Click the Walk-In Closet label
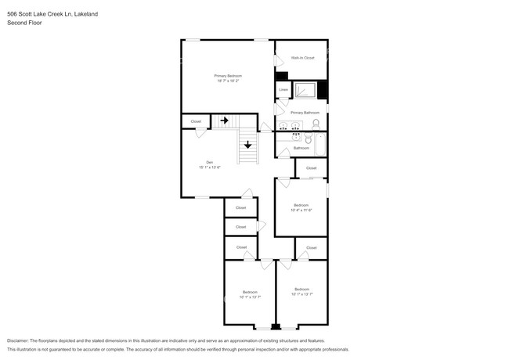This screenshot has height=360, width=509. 302,58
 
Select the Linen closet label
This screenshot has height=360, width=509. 283,90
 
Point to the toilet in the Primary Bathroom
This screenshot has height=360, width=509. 316,124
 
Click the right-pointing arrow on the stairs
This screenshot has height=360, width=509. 224,121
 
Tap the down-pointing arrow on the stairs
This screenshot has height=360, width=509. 247,144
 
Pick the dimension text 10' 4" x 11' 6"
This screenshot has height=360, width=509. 301,210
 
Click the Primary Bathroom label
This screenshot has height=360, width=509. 305,113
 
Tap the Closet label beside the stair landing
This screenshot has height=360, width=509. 196,121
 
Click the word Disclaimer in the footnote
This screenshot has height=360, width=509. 21,340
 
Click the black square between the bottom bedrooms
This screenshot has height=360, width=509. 275,326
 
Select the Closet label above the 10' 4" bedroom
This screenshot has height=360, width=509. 311,168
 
